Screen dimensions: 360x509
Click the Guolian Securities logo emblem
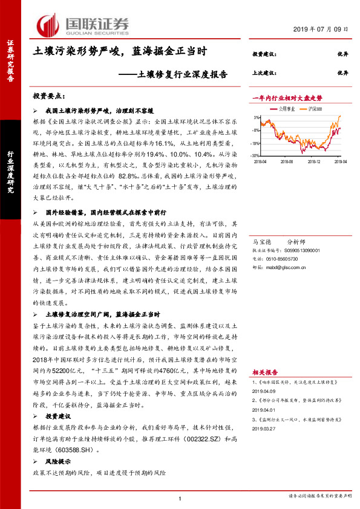coord(49,24)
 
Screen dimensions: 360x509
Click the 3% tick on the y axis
coord(258,117)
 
